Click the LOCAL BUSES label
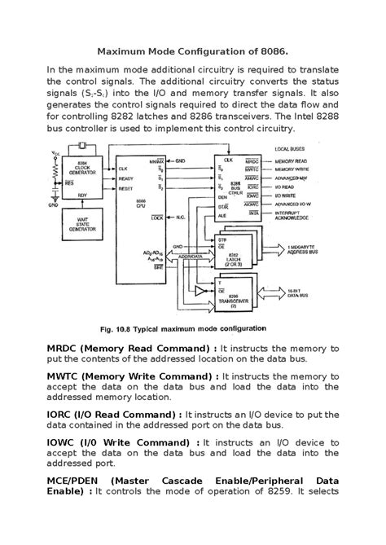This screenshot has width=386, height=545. click(290, 150)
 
